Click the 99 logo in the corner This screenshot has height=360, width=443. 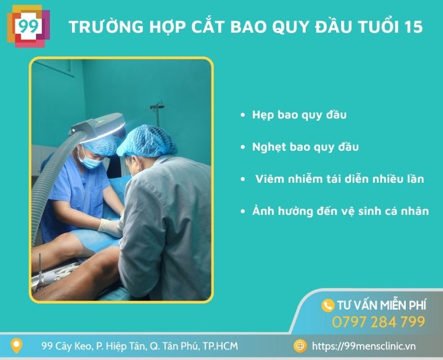click(x=27, y=26)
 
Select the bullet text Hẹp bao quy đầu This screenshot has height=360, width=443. click(x=299, y=115)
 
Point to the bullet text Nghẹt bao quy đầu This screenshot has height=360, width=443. click(x=305, y=147)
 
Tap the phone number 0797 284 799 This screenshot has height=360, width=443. click(x=378, y=322)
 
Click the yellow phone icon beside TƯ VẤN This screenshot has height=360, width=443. click(x=328, y=305)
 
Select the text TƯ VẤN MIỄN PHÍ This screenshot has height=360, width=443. click(x=382, y=305)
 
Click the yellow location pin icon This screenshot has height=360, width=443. click(x=18, y=346)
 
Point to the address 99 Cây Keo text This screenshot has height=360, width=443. click(x=139, y=346)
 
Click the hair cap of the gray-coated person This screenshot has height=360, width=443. click(x=148, y=141)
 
